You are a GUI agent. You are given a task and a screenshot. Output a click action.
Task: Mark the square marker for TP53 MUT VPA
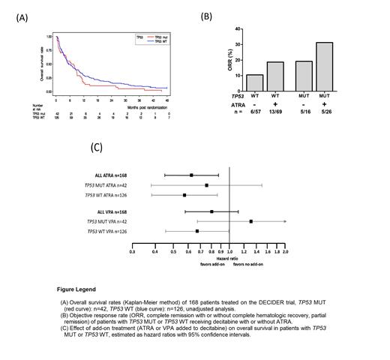(251, 222)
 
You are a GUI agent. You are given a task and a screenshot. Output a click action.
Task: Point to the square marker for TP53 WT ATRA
(184, 195)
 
